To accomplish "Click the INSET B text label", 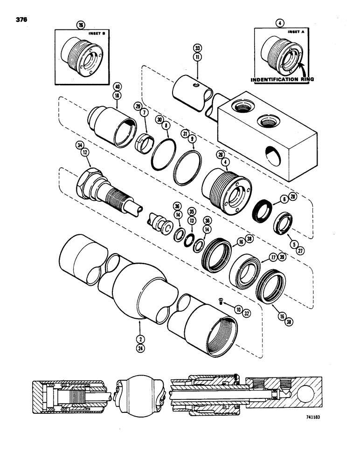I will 96,34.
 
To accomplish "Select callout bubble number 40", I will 117,86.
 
